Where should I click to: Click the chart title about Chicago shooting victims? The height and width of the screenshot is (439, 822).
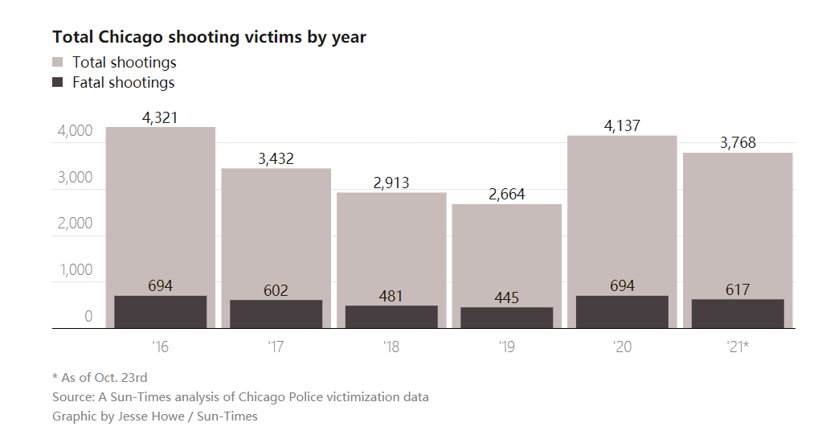(x=209, y=37)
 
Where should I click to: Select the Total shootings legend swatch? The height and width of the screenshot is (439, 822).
(x=58, y=62)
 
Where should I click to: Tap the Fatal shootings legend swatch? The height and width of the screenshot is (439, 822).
(x=58, y=82)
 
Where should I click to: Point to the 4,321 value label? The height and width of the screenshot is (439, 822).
(x=160, y=117)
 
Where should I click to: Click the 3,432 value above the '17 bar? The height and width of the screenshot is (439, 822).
(x=276, y=158)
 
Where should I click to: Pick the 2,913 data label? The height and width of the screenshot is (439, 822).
(x=391, y=183)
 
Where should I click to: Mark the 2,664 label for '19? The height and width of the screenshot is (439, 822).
(x=506, y=195)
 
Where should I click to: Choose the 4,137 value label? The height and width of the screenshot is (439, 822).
(x=622, y=125)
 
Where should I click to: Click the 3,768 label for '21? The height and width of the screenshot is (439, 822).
(x=738, y=143)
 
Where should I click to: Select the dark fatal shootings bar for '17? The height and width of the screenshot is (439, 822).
(x=276, y=314)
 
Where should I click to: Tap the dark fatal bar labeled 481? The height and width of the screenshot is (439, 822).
(x=391, y=317)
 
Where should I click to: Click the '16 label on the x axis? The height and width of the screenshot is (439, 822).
(x=160, y=347)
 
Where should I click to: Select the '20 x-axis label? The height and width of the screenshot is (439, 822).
(x=622, y=347)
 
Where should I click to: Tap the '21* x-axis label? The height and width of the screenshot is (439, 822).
(x=738, y=347)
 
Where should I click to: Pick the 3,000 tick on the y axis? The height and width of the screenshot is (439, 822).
(x=76, y=178)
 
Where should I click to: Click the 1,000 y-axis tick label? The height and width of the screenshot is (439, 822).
(x=76, y=270)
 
